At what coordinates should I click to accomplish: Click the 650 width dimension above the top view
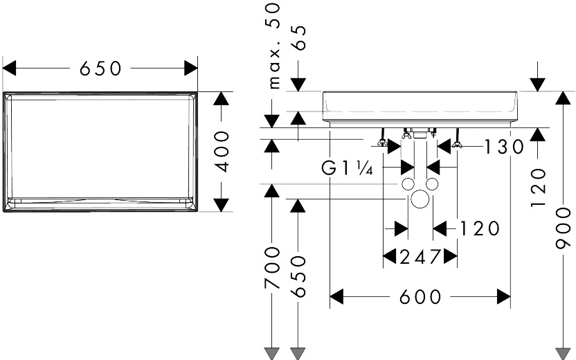click(x=100, y=69)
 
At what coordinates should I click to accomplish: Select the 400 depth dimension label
click(x=222, y=152)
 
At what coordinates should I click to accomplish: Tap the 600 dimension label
click(x=420, y=296)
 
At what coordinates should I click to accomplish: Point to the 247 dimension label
click(x=420, y=256)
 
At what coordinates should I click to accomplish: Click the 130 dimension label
click(x=504, y=147)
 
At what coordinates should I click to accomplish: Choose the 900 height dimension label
click(x=563, y=228)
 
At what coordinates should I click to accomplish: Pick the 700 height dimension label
click(x=272, y=267)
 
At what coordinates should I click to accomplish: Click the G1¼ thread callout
click(x=348, y=169)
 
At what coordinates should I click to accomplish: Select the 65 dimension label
click(x=298, y=38)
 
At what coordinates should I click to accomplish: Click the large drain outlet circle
click(x=420, y=199)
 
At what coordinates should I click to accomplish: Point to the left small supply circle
click(x=408, y=184)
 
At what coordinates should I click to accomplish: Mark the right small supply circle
click(x=432, y=184)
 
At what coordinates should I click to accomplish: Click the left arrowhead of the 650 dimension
click(x=9, y=69)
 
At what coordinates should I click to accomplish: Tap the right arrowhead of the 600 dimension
click(x=504, y=296)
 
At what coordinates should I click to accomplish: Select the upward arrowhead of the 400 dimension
click(x=221, y=98)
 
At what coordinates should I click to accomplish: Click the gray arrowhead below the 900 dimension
click(x=563, y=353)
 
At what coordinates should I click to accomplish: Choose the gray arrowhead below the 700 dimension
click(x=272, y=353)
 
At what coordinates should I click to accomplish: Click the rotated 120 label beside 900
click(x=539, y=188)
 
